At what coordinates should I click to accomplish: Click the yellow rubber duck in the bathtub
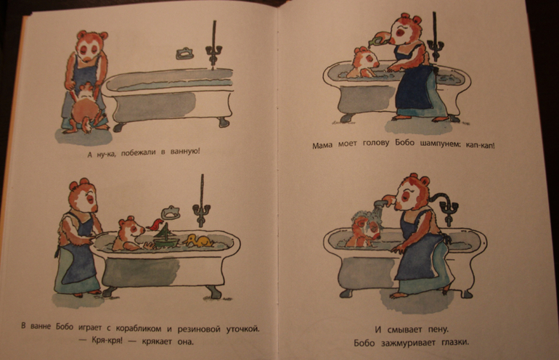[198, 241]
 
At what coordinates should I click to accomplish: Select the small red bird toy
[156, 224]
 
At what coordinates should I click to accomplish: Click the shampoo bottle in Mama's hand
[379, 37]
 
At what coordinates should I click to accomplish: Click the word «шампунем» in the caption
[440, 144]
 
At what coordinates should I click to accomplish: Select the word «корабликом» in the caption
[139, 328]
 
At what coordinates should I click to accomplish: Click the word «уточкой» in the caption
[242, 329]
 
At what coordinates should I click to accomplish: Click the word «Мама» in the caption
[322, 145]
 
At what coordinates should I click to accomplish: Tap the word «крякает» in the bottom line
[157, 342]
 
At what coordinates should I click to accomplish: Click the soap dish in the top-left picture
[184, 53]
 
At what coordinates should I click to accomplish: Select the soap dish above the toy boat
[171, 213]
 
